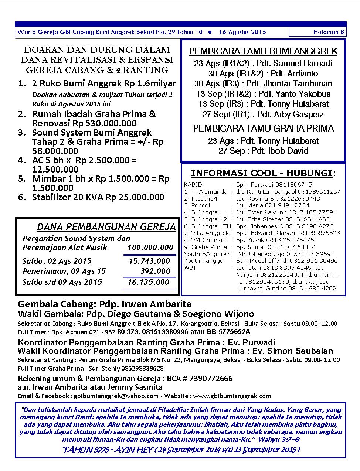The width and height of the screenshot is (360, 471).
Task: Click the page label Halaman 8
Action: (x=329, y=32)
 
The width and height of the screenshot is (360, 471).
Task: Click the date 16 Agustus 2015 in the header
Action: (x=242, y=32)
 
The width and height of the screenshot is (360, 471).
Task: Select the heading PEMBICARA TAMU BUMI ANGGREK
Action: (x=263, y=51)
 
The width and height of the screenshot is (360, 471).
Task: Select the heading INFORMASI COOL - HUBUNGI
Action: (x=263, y=173)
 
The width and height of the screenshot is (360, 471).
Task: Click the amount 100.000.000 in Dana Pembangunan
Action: (x=150, y=248)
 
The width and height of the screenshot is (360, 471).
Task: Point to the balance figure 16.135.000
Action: (x=148, y=282)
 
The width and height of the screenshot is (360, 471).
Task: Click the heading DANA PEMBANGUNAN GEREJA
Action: (x=106, y=226)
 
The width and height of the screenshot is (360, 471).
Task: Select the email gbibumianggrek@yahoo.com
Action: (x=116, y=396)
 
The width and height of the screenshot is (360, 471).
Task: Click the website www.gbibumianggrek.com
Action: (x=232, y=396)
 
